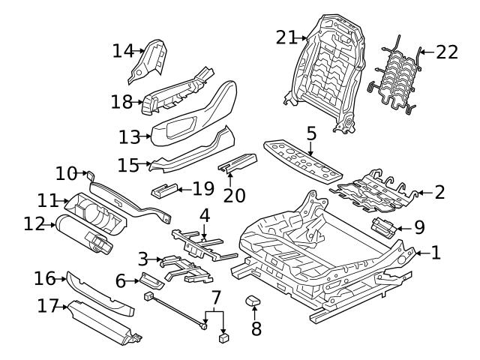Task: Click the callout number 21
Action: click(286, 37)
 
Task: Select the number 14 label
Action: click(121, 51)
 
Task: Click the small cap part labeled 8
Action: click(252, 301)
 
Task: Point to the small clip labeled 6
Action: click(150, 280)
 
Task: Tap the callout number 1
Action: click(436, 253)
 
